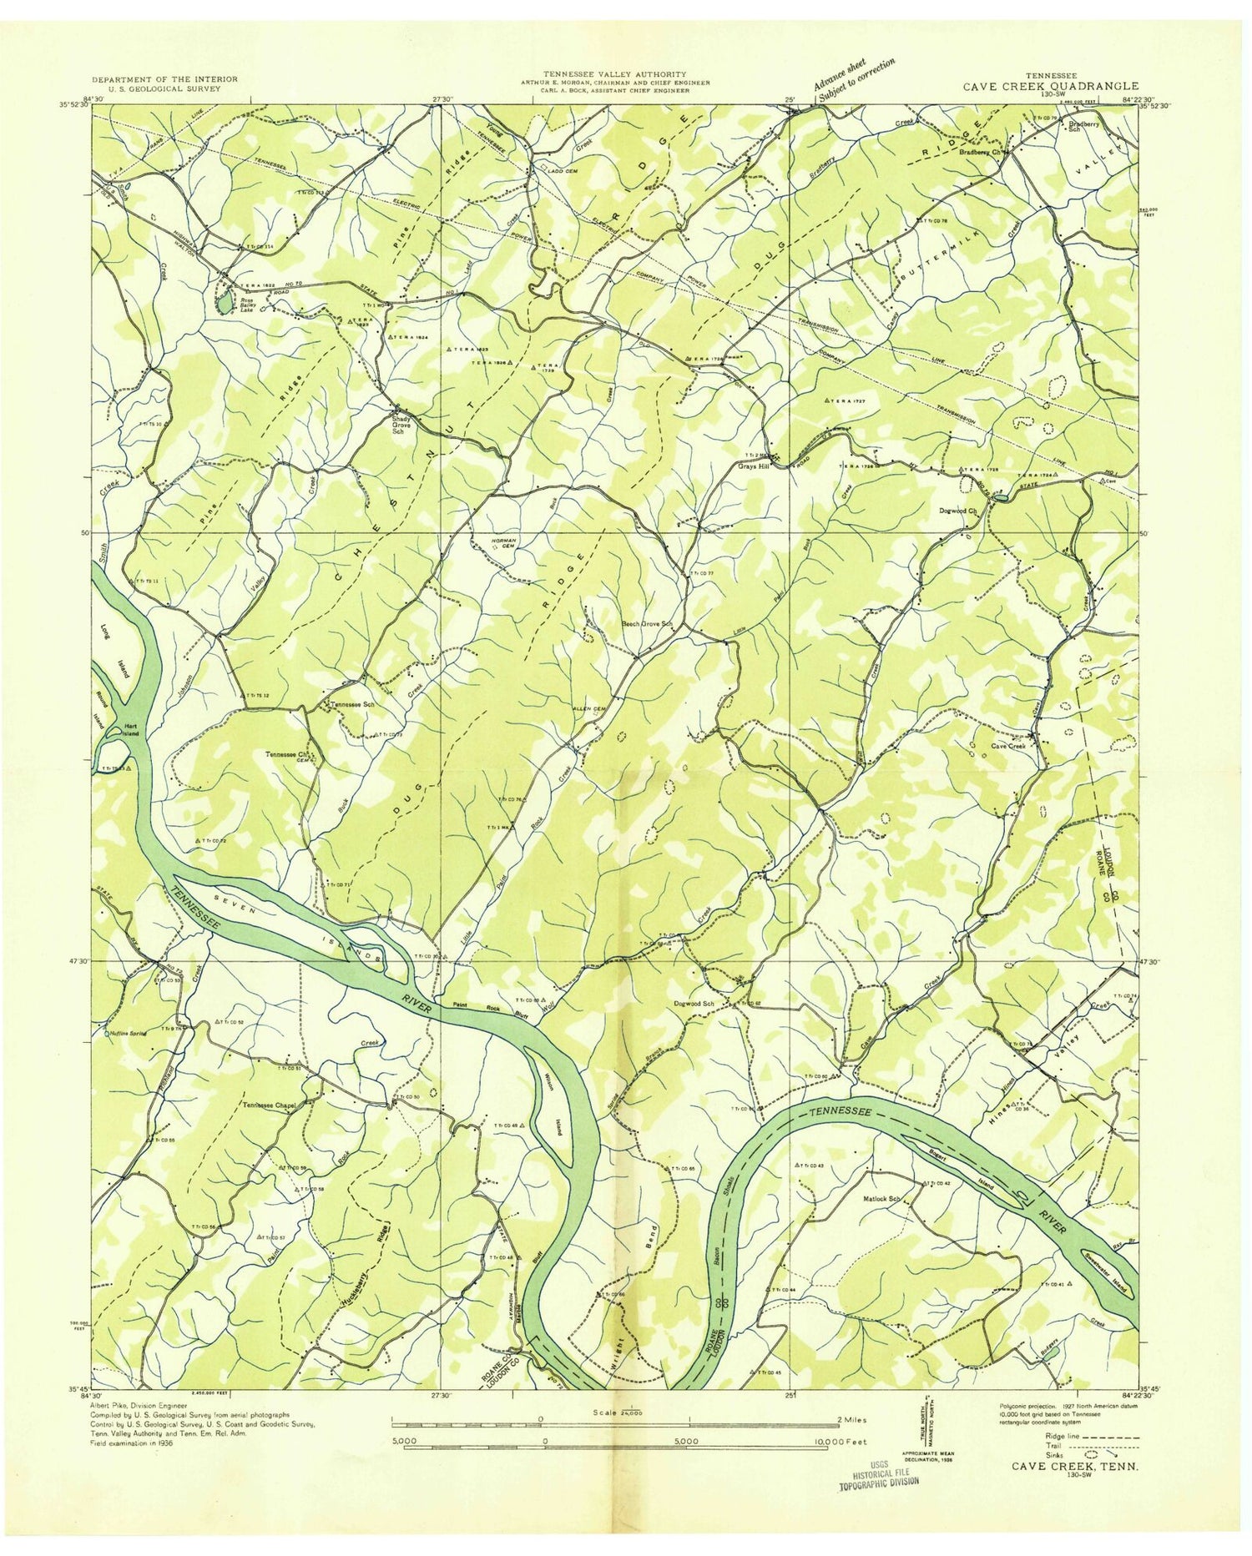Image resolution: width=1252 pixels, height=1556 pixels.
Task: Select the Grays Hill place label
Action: click(x=752, y=466)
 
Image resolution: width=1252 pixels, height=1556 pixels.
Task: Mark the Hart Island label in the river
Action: click(x=129, y=727)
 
